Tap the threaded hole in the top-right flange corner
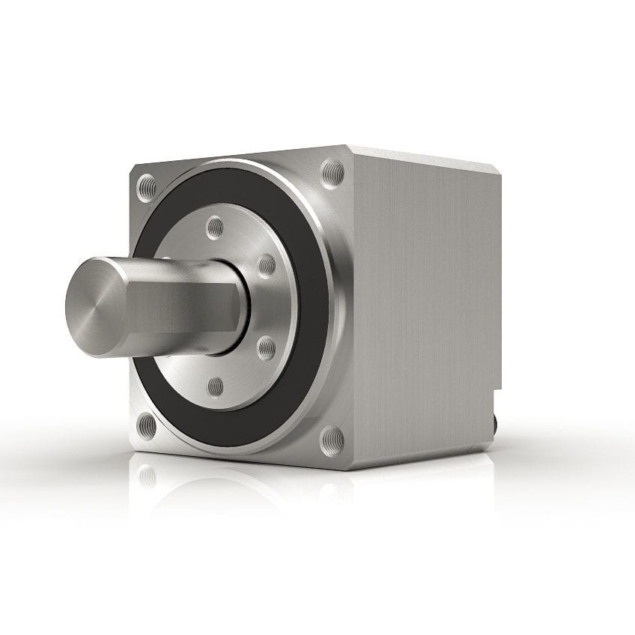[x=333, y=174]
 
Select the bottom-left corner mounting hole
[x=148, y=425]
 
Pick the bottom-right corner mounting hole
[x=332, y=440]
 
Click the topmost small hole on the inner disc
[x=215, y=226]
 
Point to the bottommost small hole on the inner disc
[x=216, y=387]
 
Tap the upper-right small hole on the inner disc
[x=267, y=266]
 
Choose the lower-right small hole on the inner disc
[x=267, y=347]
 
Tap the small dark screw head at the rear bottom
[x=494, y=425]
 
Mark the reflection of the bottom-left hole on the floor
[x=148, y=476]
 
